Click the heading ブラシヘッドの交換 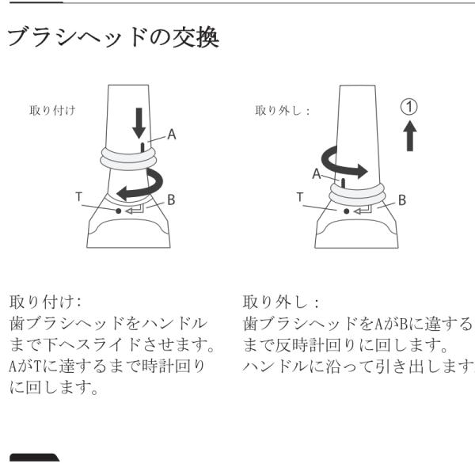[113, 37]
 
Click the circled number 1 [409, 107]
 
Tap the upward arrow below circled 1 [410, 135]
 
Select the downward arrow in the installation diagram [139, 123]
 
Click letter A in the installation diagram [172, 135]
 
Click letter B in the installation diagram [171, 200]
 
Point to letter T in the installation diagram [78, 197]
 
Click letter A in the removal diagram [317, 174]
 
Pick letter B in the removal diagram [402, 200]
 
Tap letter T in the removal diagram [300, 197]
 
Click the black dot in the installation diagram [119, 211]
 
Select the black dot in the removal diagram [347, 211]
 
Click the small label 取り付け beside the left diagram [52, 110]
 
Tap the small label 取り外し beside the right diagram [282, 111]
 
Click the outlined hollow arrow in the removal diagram [363, 210]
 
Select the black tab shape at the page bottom [34, 458]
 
